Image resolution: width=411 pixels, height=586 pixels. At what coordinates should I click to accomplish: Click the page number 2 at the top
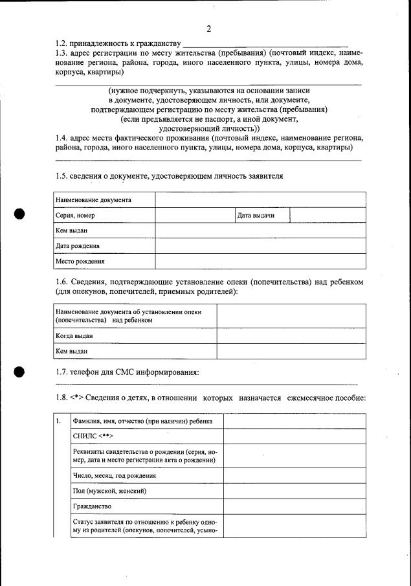(x=208, y=29)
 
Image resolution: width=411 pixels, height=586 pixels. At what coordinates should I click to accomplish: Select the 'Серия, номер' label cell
(x=76, y=215)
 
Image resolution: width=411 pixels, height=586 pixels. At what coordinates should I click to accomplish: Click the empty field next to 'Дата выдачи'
(x=328, y=215)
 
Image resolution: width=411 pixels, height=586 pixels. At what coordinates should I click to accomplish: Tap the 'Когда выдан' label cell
(x=74, y=336)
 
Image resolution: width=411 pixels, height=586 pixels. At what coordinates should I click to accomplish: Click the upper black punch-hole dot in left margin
(x=19, y=214)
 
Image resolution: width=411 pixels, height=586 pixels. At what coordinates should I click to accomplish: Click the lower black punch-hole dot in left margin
(x=19, y=371)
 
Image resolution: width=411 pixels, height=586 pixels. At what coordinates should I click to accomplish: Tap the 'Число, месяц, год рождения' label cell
(x=115, y=475)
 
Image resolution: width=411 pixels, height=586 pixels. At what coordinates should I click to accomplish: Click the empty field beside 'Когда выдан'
(x=291, y=336)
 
